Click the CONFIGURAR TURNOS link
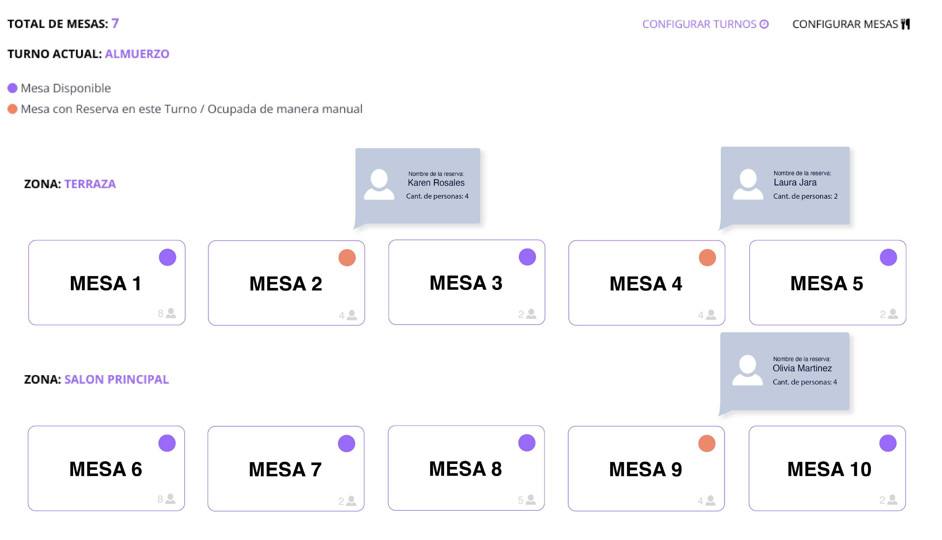pyautogui.click(x=705, y=24)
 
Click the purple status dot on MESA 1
pyautogui.click(x=168, y=257)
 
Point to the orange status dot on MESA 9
pyautogui.click(x=707, y=444)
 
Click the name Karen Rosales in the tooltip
pyautogui.click(x=436, y=183)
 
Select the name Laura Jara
pyautogui.click(x=795, y=183)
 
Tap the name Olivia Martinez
pyautogui.click(x=802, y=368)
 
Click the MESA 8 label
pyautogui.click(x=465, y=469)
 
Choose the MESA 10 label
pyautogui.click(x=829, y=469)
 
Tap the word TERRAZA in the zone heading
pyautogui.click(x=90, y=184)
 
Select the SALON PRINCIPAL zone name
pyautogui.click(x=117, y=379)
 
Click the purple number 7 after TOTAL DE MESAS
pyautogui.click(x=115, y=23)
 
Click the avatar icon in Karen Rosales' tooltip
pyautogui.click(x=379, y=185)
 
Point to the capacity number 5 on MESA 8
pyautogui.click(x=520, y=500)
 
